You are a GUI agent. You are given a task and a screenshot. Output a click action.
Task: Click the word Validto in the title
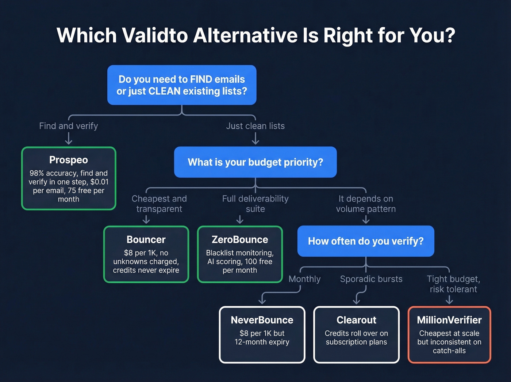(x=155, y=35)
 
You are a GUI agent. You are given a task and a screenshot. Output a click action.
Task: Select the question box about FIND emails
(x=182, y=85)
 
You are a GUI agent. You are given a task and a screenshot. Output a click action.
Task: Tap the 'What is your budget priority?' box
(x=255, y=162)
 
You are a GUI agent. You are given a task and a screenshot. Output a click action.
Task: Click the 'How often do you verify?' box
(x=366, y=241)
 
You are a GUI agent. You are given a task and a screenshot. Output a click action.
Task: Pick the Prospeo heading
(x=69, y=160)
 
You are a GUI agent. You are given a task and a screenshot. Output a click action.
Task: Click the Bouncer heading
(x=146, y=240)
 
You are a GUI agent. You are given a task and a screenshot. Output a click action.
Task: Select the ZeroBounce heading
(x=240, y=240)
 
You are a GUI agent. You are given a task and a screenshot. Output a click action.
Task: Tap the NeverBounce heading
(x=262, y=320)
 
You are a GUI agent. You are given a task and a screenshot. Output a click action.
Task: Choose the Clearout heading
(x=356, y=320)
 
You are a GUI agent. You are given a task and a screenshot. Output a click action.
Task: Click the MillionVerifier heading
(x=449, y=320)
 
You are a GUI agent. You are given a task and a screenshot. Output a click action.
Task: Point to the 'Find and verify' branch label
(x=69, y=126)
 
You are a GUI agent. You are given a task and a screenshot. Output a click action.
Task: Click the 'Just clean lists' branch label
(x=255, y=126)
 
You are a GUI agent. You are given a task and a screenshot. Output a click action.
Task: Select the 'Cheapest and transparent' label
(x=159, y=204)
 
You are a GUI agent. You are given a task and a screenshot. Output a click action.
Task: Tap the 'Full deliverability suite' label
(x=255, y=204)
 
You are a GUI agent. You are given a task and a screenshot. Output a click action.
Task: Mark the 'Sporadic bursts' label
(x=371, y=279)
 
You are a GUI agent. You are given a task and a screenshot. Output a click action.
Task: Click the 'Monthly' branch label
(x=304, y=279)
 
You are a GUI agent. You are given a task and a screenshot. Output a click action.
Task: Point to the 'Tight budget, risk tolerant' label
(x=453, y=284)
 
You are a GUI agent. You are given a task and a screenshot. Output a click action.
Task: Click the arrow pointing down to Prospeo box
(x=69, y=139)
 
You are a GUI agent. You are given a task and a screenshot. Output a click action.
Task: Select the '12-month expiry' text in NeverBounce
(x=262, y=342)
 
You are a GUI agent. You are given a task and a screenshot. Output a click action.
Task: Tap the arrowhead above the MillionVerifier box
(x=449, y=301)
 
